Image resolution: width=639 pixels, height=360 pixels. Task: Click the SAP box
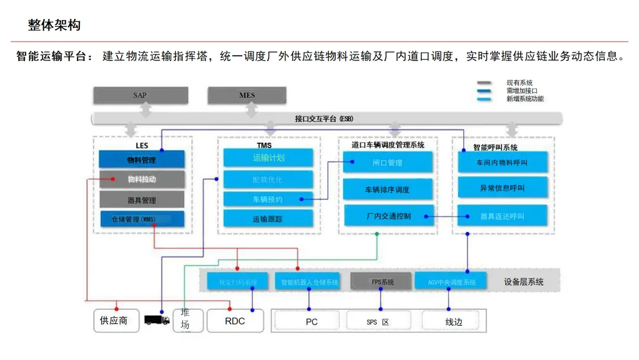pos(140,95)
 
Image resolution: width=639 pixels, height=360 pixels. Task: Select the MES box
pos(247,95)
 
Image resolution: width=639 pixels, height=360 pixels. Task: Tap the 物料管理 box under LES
pos(141,159)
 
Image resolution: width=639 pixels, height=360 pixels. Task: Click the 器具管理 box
pos(141,200)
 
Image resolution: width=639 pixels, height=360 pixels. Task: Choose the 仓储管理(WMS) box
pos(141,219)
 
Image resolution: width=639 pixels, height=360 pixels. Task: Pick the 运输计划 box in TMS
pos(268,157)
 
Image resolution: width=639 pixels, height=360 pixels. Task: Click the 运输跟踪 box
pos(268,218)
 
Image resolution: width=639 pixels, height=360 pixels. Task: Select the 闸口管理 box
pos(388,162)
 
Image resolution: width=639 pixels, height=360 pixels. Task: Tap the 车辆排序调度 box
pos(388,189)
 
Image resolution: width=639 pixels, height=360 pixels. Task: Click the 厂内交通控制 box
pos(388,216)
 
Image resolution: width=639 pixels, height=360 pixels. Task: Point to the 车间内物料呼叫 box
pos(502,162)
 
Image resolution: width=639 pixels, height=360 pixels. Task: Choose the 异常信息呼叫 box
pos(502,188)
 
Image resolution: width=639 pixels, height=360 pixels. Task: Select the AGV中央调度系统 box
pos(451,282)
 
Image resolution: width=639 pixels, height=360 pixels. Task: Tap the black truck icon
pos(157,320)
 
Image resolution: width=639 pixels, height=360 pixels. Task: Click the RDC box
pos(235,321)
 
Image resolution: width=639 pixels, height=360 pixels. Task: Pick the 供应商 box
pos(116,321)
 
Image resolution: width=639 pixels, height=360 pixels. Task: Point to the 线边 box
pos(453,322)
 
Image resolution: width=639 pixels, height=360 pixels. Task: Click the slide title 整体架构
pos(54,25)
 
